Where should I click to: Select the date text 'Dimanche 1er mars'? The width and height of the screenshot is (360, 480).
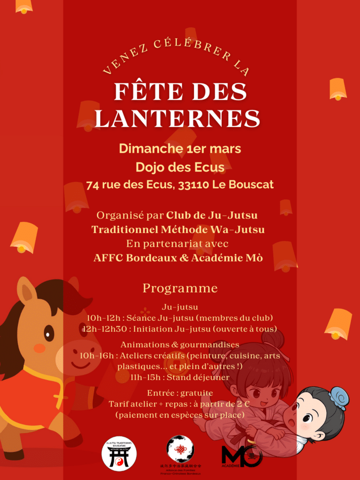click(x=180, y=149)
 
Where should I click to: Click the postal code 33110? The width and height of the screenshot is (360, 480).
click(x=193, y=185)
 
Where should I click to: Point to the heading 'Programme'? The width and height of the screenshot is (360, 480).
click(x=180, y=288)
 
